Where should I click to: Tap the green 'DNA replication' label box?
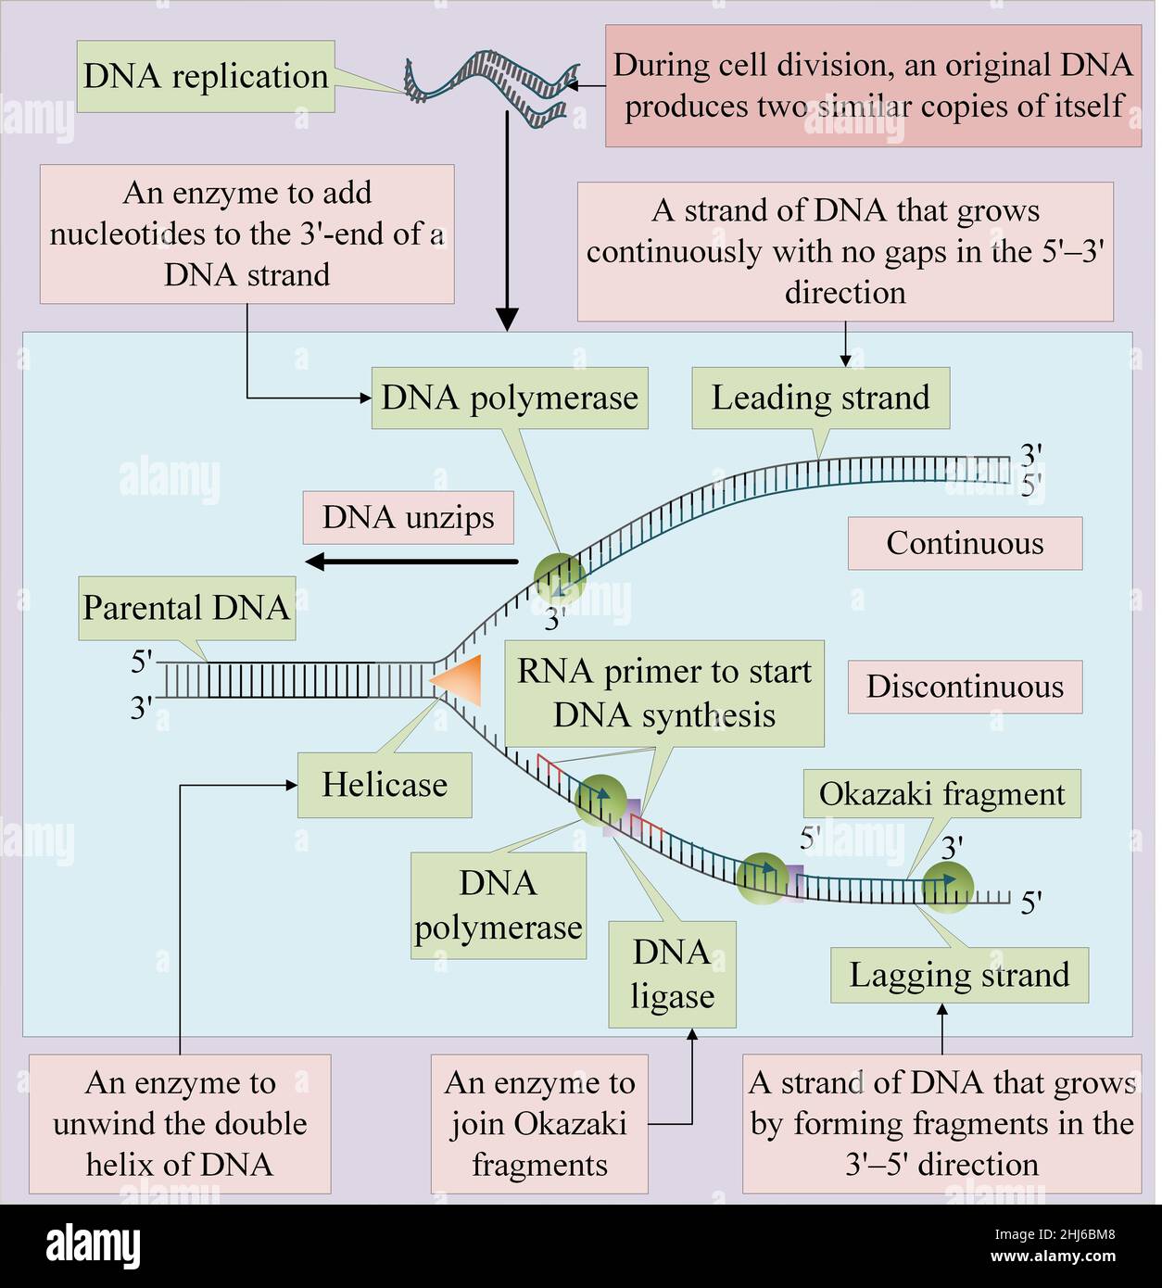[206, 76]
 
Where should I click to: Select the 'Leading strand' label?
[820, 398]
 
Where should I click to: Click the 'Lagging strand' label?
[959, 975]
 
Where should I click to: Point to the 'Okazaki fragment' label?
[941, 794]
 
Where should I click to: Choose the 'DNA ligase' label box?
[672, 974]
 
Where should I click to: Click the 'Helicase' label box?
[384, 785]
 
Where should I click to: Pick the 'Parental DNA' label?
[186, 608]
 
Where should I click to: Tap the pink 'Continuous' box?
[965, 543]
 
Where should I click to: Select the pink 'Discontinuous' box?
[965, 687]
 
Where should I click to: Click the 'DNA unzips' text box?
[408, 517]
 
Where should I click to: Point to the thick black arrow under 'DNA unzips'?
[411, 561]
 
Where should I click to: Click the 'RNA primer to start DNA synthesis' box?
[663, 693]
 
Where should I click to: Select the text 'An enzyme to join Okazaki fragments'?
[539, 1123]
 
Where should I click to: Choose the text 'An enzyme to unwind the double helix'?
[180, 1123]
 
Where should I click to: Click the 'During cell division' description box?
[873, 85]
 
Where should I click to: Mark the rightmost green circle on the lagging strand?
[947, 885]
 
